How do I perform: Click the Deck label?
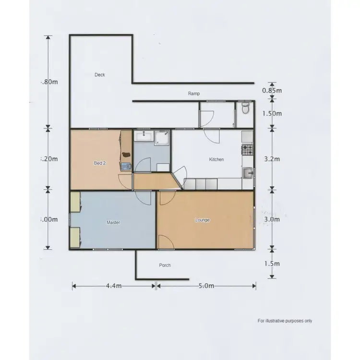99,74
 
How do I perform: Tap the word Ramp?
194,94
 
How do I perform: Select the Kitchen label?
216,159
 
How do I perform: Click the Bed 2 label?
99,163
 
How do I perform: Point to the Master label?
113,223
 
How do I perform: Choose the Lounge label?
203,220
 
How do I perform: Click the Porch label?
165,265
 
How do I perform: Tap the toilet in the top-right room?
246,109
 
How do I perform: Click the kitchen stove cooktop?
247,149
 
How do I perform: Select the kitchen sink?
248,172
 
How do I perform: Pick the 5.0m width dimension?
205,286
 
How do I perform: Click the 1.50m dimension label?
272,114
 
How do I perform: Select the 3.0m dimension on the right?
272,219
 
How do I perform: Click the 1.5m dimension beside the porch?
272,264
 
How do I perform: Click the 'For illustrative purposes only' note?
285,321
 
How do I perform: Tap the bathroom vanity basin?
143,137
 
